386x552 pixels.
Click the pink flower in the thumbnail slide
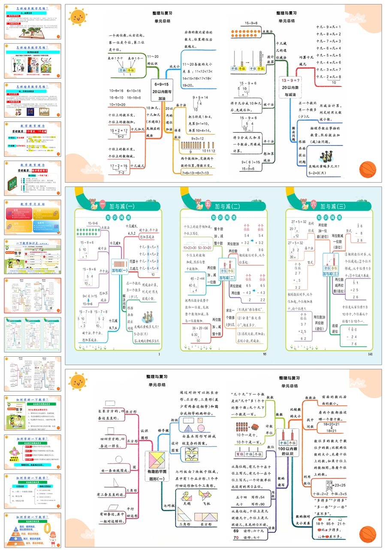point(16,451)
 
